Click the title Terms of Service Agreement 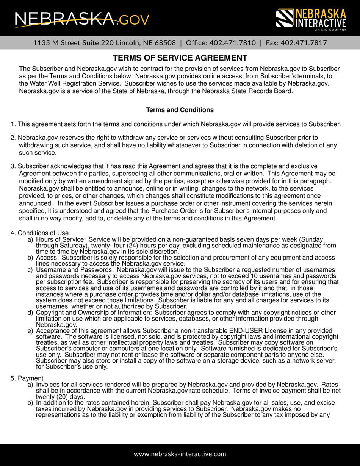[x=180, y=58]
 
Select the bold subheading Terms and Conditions [x=180, y=110]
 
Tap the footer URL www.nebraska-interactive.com [x=180, y=454]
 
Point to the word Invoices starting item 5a [x=49, y=385]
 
